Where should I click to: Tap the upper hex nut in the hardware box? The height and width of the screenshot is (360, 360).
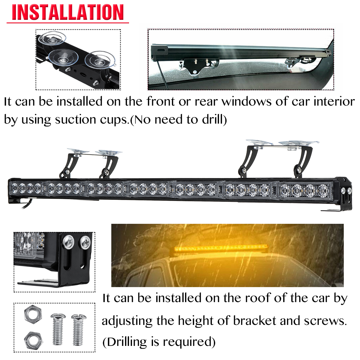(x=33, y=314)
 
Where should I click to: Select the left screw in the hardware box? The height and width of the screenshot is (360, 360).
(x=57, y=329)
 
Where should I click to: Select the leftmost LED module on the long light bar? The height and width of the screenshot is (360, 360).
(x=26, y=188)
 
